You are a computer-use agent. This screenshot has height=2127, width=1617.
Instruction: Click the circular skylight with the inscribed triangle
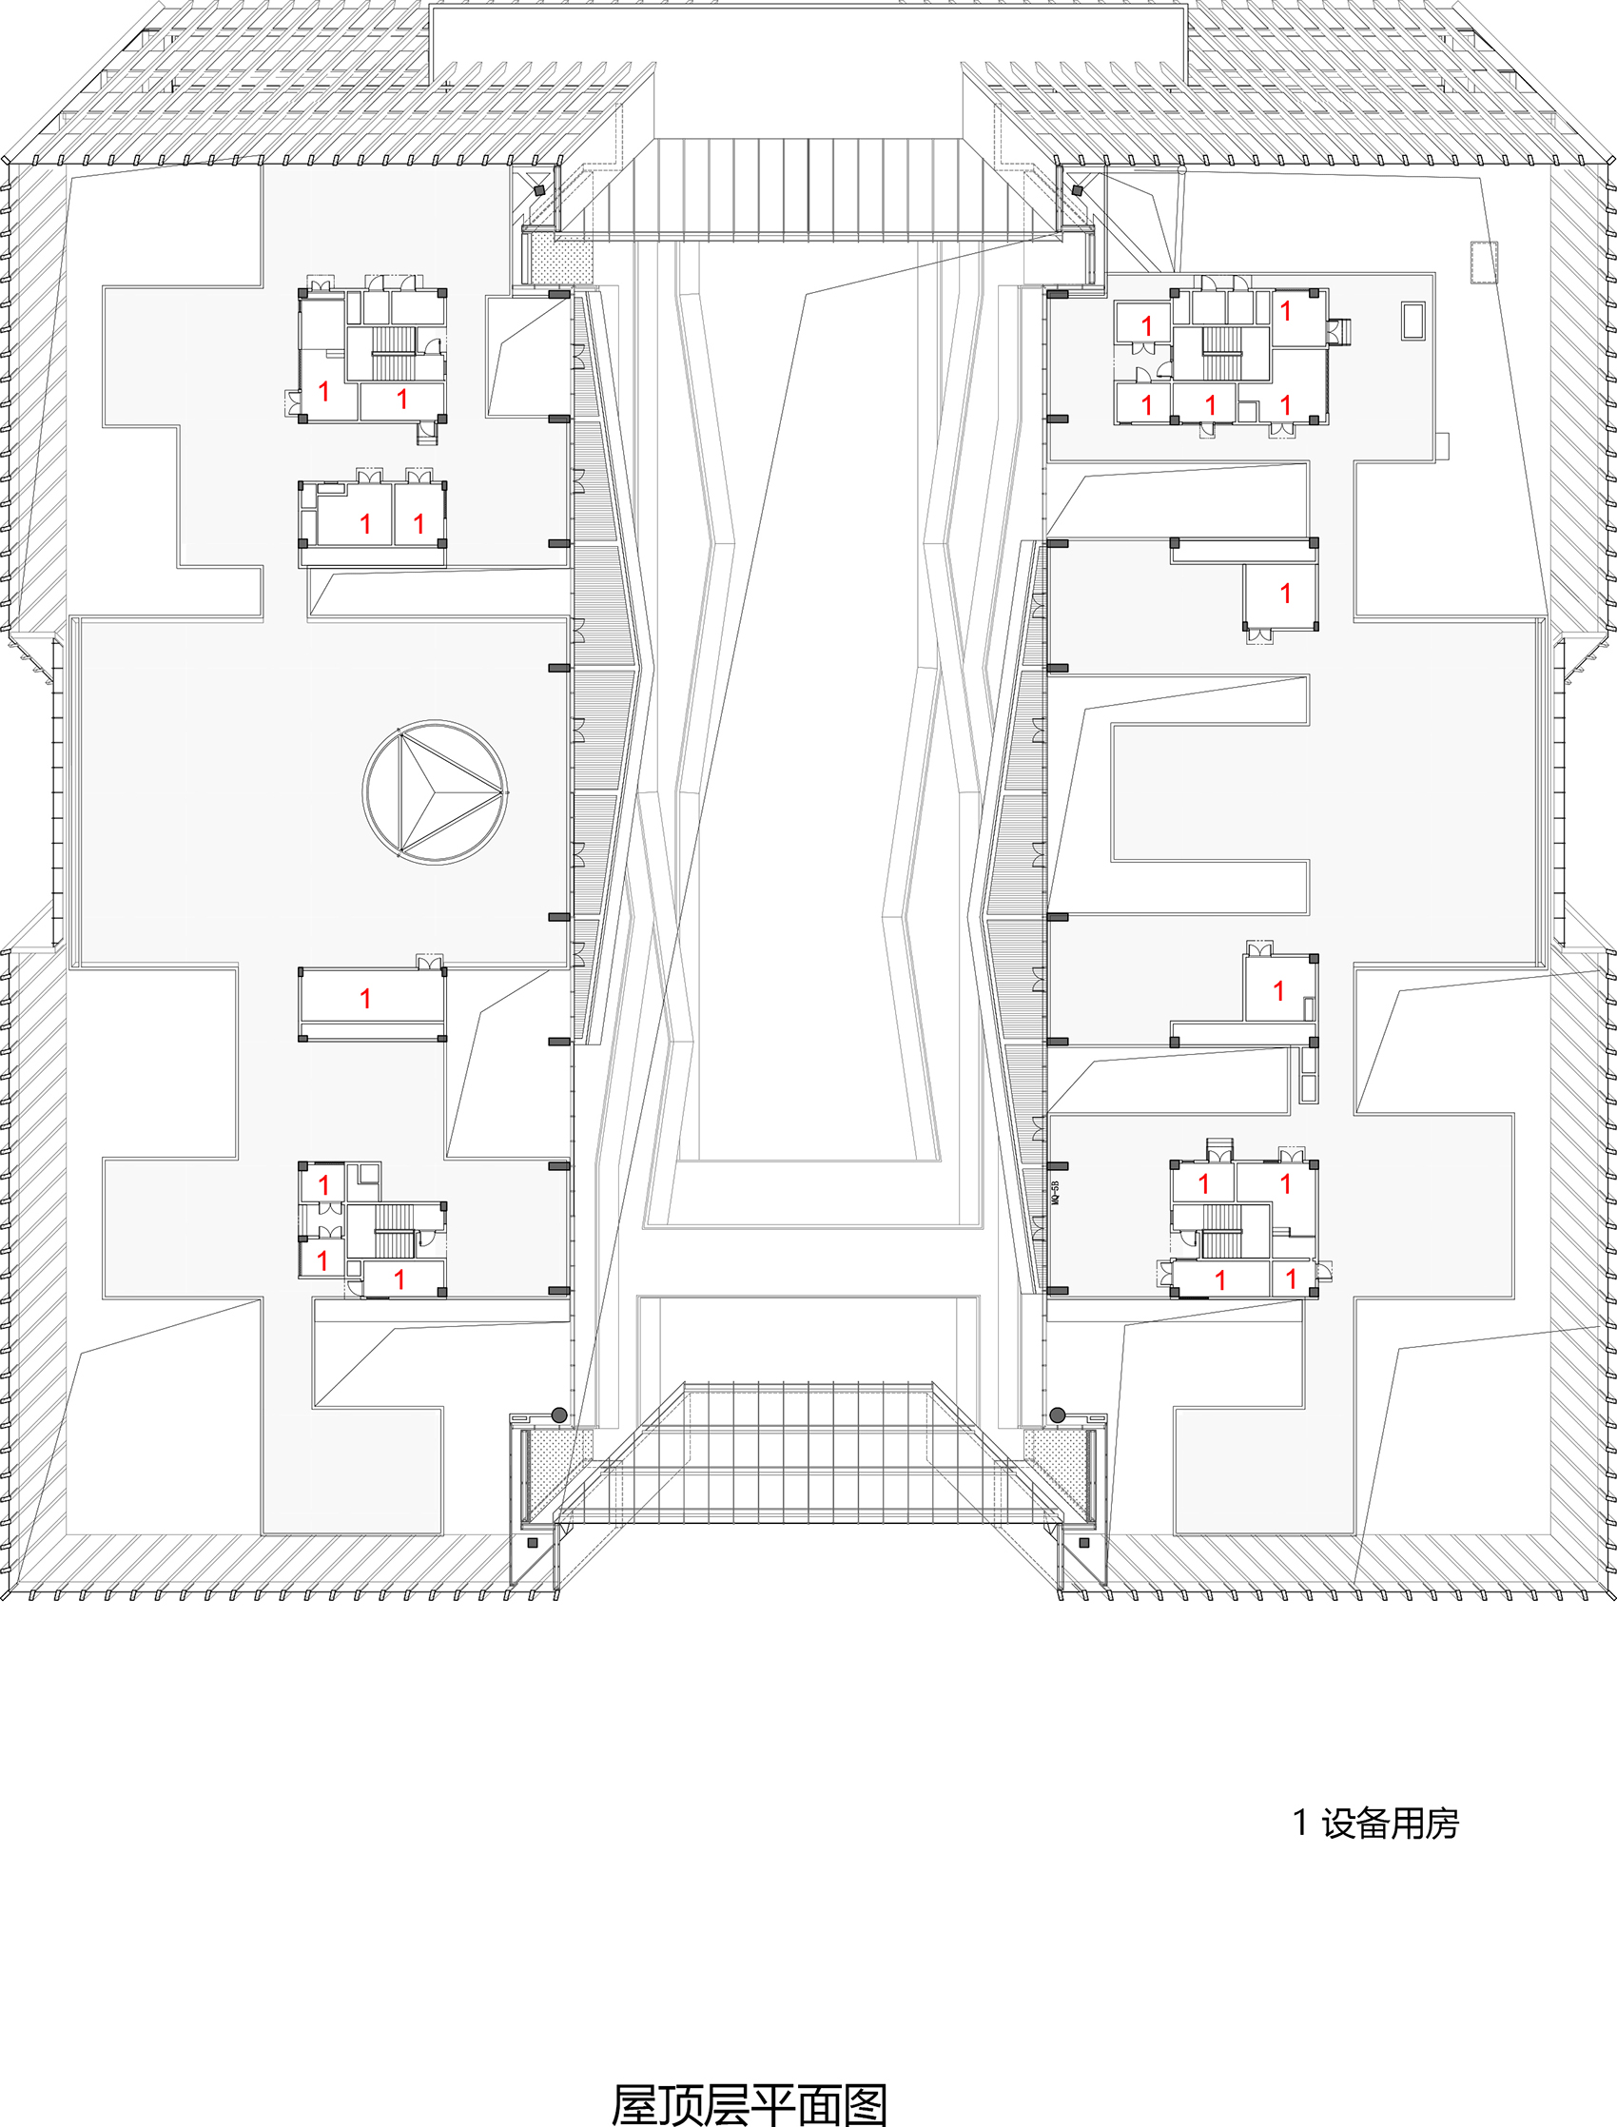435,792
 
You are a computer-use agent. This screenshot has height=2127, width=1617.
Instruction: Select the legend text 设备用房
1390,1823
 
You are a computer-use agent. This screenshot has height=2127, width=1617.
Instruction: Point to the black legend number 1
1300,1823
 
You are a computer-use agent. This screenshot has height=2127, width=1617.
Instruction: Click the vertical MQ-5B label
1055,1195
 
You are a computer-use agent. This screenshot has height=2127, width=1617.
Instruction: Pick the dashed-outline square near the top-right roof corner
1484,262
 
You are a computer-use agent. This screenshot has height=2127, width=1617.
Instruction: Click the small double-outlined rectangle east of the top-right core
1412,321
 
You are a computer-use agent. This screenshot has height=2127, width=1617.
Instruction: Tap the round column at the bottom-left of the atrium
559,1415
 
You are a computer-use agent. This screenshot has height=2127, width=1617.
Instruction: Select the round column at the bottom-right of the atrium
1057,1415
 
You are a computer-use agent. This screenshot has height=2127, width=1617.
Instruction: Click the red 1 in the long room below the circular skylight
365,999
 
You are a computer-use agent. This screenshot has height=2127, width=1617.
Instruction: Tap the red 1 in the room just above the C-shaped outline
1285,594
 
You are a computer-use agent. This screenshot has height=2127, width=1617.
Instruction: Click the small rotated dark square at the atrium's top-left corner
539,190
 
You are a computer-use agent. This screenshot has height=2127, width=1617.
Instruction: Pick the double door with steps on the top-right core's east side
1338,331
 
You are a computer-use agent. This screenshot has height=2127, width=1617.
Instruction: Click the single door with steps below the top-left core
426,434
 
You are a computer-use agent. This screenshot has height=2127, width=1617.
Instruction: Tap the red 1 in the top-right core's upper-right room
1285,311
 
